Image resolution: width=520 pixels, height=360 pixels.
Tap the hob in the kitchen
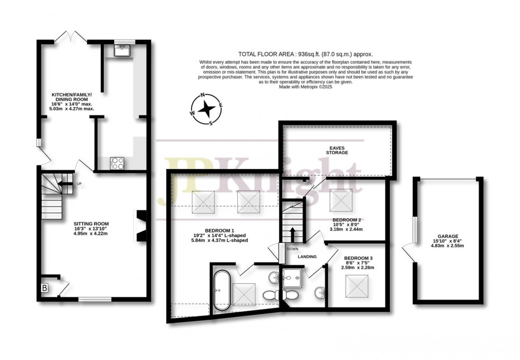coord(118,164)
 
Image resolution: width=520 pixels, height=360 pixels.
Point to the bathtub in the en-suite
coord(222,291)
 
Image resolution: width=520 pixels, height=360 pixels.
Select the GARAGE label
coord(448,236)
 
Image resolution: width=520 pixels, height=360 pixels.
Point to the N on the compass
coord(202,96)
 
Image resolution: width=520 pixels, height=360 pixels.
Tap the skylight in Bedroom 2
coord(341,200)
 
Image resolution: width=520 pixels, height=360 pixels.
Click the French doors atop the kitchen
coord(71,37)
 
